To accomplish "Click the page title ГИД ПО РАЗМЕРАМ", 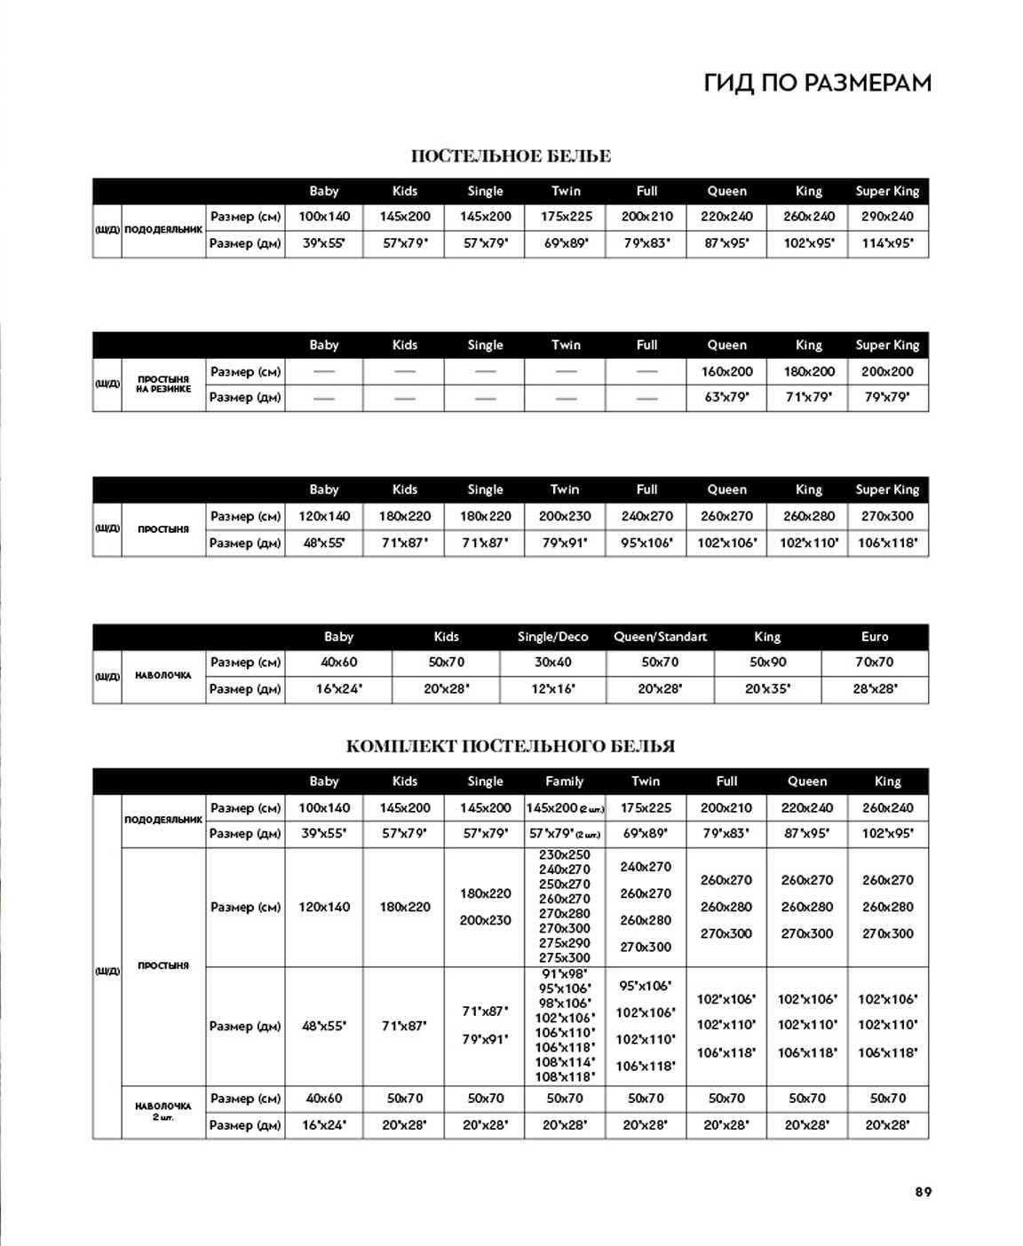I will pyautogui.click(x=817, y=83).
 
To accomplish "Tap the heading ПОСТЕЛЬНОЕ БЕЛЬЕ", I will pyautogui.click(x=511, y=156).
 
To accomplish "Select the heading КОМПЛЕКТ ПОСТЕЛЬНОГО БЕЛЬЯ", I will pyautogui.click(x=511, y=746).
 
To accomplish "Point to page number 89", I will pyautogui.click(x=924, y=1192).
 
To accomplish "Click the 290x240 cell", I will pyautogui.click(x=887, y=217).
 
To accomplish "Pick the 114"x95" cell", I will pyautogui.click(x=887, y=243).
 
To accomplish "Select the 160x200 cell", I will pyautogui.click(x=726, y=372).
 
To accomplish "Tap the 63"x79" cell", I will pyautogui.click(x=726, y=398).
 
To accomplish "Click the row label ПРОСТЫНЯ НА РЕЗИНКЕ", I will pyautogui.click(x=163, y=385).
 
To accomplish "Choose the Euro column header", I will pyautogui.click(x=875, y=637).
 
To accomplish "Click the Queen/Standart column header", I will pyautogui.click(x=660, y=637).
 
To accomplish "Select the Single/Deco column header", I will pyautogui.click(x=552, y=637).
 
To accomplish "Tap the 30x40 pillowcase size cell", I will pyautogui.click(x=552, y=663).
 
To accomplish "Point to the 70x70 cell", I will pyautogui.click(x=875, y=663).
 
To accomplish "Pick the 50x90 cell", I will pyautogui.click(x=767, y=663).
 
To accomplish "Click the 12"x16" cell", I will pyautogui.click(x=552, y=689).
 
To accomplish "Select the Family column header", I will pyautogui.click(x=565, y=782).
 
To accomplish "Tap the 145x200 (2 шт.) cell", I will pyautogui.click(x=565, y=808).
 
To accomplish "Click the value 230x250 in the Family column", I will pyautogui.click(x=565, y=855).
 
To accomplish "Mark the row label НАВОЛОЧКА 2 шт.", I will pyautogui.click(x=163, y=1111).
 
